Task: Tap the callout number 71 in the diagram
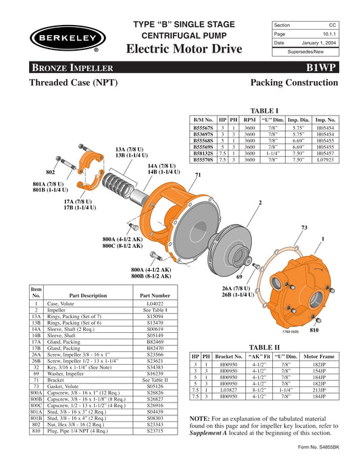(x=198, y=176)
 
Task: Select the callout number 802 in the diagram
(x=50, y=172)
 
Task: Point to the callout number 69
(x=238, y=277)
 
